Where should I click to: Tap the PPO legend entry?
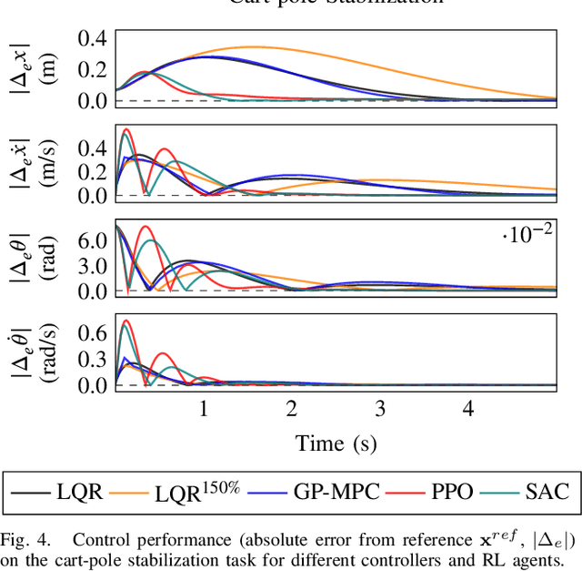(x=432, y=493)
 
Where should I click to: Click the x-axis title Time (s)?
(x=336, y=443)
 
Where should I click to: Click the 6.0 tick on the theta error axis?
(x=93, y=239)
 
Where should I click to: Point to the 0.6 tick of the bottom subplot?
(x=93, y=333)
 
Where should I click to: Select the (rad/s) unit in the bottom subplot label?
(x=49, y=353)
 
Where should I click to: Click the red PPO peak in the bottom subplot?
(x=125, y=321)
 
